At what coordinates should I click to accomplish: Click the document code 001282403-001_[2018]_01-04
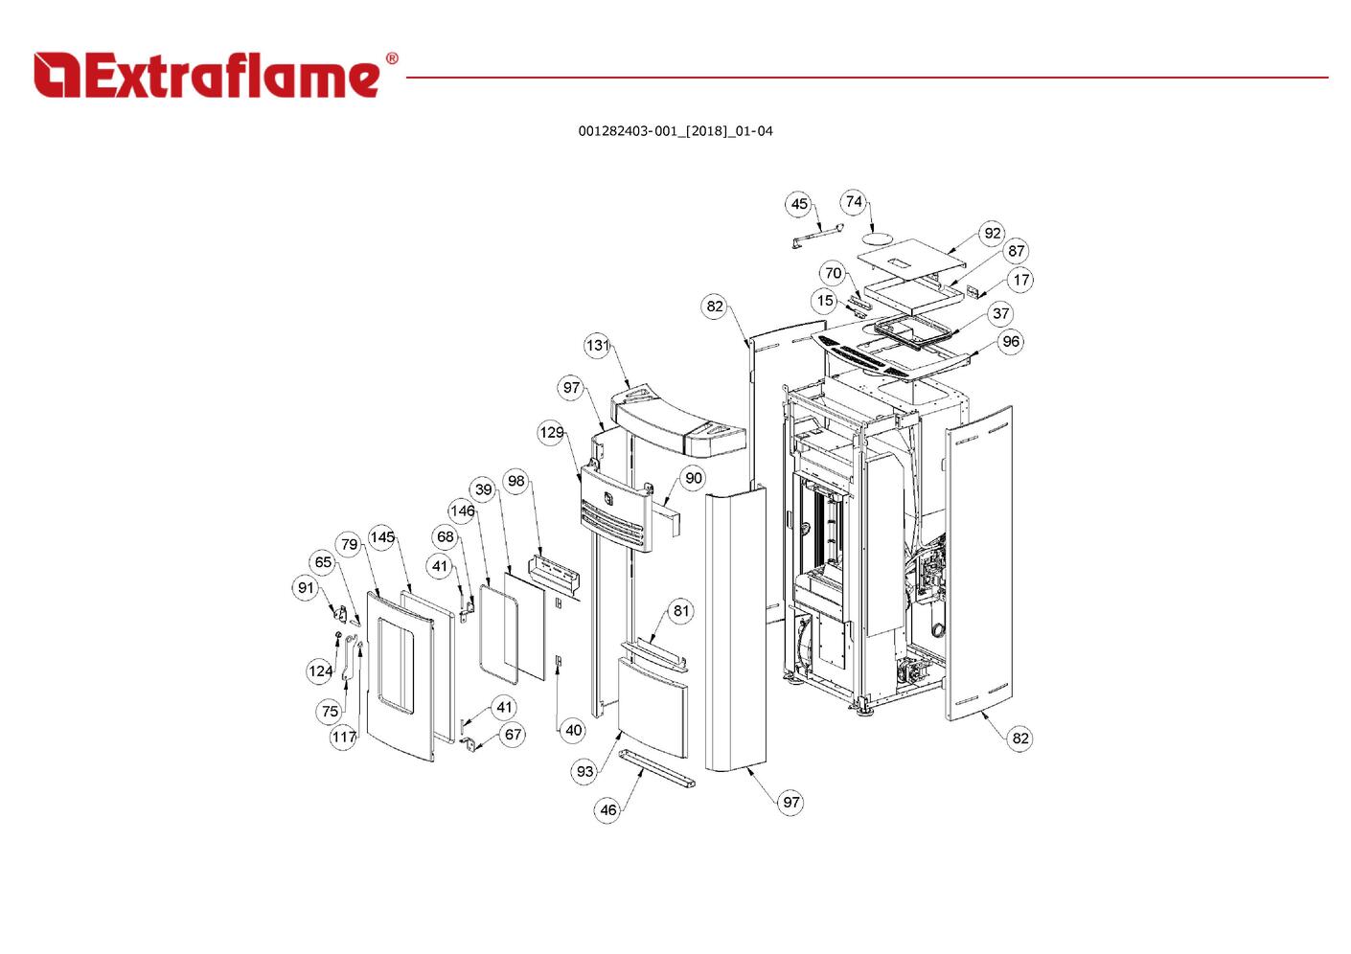pos(675,131)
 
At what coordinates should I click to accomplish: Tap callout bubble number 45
pos(799,204)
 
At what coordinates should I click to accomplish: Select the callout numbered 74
pos(854,202)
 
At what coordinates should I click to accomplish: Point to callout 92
pos(993,233)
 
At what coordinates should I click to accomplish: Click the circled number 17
pos(1021,280)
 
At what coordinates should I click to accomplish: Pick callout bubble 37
pos(1001,313)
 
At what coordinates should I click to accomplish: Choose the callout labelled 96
pos(1011,341)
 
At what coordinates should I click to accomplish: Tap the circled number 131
pos(597,345)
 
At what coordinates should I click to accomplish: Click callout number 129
pos(552,433)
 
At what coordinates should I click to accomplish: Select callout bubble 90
pos(694,478)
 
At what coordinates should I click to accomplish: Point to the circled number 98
pos(516,481)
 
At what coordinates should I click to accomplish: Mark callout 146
pos(463,511)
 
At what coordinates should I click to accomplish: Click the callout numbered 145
pos(382,537)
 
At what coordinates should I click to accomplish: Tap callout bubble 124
pos(321,670)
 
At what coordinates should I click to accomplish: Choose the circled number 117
pos(344,737)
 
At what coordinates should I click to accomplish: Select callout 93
pos(585,771)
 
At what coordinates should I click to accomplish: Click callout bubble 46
pos(608,810)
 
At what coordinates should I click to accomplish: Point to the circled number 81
pos(681,611)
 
